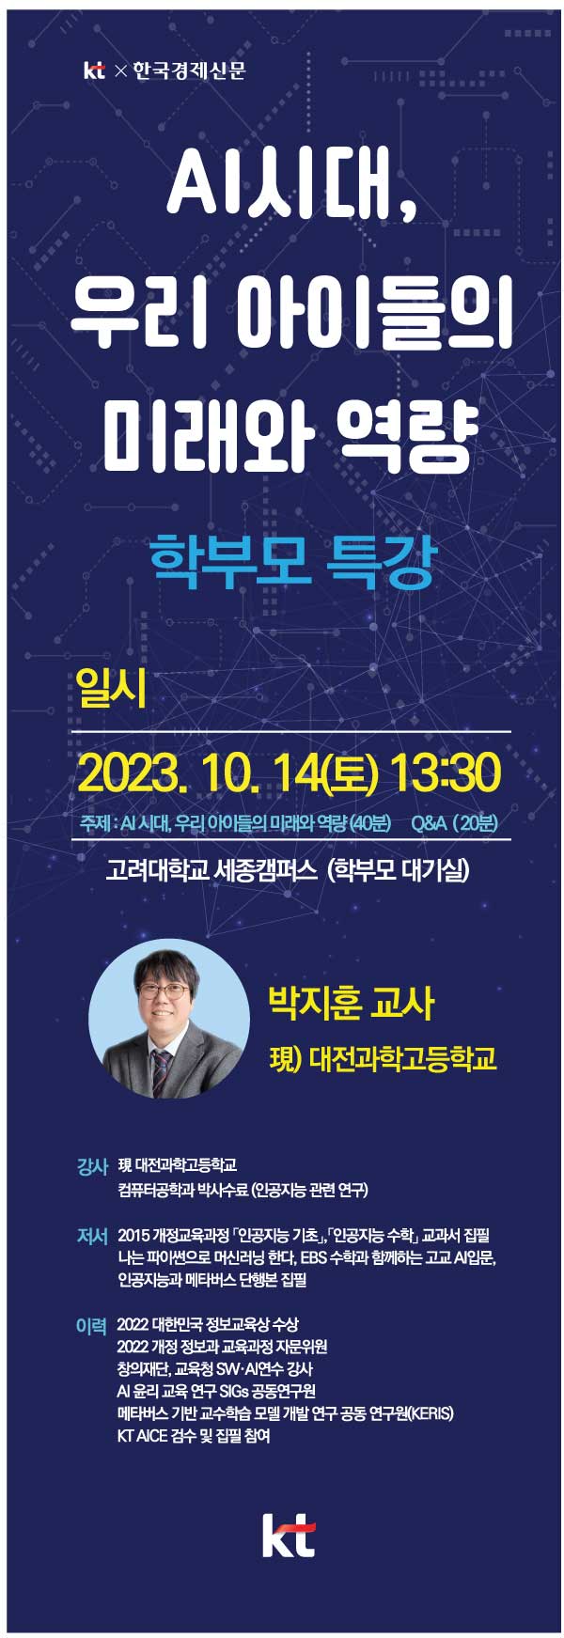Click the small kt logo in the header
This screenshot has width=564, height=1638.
(94, 70)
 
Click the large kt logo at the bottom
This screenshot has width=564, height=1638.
(289, 1536)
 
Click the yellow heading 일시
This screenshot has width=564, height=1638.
(112, 690)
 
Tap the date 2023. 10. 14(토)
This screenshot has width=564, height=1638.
(227, 773)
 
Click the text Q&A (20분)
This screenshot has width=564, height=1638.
(455, 822)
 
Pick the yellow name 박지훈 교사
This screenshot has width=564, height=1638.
(352, 1003)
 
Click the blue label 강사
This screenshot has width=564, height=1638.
(92, 1167)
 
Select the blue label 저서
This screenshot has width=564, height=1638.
(92, 1236)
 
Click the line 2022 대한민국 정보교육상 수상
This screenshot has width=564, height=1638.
(208, 1324)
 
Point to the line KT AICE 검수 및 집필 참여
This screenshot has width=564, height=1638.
(194, 1436)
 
